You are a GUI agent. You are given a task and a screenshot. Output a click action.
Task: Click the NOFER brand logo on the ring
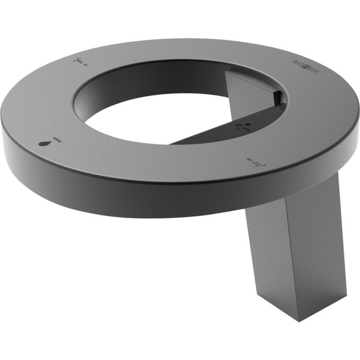tap(302, 69)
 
